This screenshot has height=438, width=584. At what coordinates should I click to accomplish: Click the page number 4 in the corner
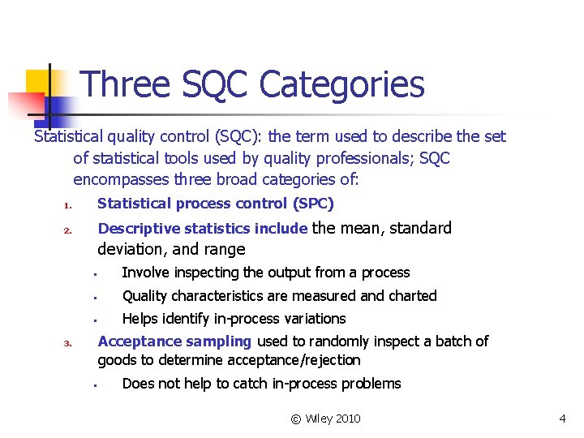(x=561, y=419)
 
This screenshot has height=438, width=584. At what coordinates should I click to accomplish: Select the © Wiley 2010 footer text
(x=325, y=419)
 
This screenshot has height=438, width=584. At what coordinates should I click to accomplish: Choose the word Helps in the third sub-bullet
(x=140, y=319)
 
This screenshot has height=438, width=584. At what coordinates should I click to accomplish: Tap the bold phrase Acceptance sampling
(x=174, y=341)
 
